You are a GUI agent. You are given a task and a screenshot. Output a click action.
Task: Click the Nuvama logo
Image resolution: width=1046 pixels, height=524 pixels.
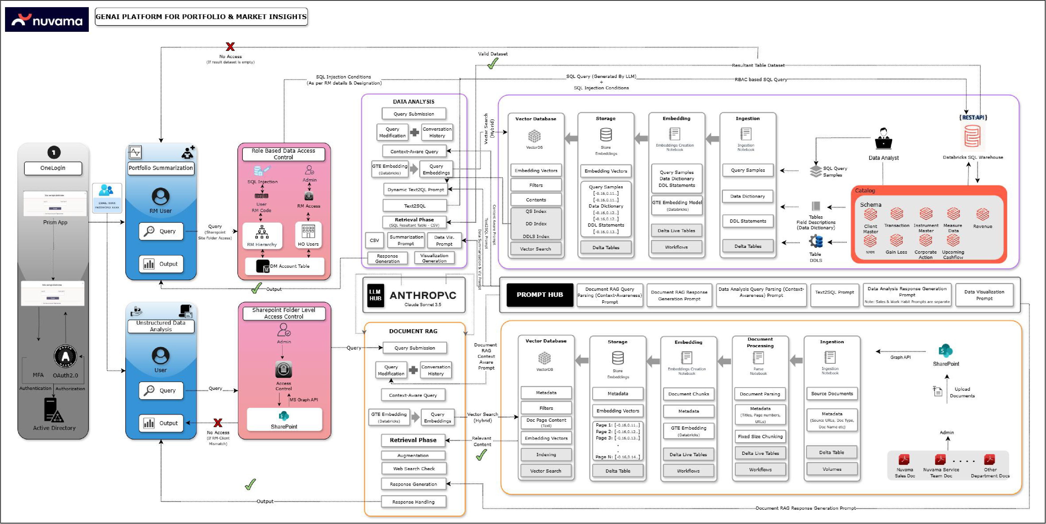click(x=46, y=20)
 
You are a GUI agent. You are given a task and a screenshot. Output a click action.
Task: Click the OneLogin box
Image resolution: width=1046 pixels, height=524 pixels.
click(x=53, y=168)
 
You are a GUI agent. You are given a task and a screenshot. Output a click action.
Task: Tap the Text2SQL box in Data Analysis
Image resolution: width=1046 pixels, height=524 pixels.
click(x=414, y=205)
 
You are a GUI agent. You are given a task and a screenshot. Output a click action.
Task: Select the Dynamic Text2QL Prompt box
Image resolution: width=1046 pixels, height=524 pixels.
click(x=415, y=189)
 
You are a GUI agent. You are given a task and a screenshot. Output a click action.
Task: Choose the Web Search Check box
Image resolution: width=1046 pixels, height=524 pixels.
click(x=414, y=468)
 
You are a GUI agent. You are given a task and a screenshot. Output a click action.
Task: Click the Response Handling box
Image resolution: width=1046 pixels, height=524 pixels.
click(x=413, y=502)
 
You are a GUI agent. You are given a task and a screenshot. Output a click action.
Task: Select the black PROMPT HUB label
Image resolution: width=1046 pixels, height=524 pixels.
click(x=540, y=294)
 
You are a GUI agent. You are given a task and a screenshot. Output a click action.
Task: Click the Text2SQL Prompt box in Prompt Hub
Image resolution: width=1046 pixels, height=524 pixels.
click(x=835, y=292)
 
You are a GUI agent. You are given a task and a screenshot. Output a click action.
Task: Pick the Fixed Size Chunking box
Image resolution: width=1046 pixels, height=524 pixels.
click(x=760, y=436)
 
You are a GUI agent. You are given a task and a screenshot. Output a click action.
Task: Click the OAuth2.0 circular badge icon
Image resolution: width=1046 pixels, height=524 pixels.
click(x=65, y=356)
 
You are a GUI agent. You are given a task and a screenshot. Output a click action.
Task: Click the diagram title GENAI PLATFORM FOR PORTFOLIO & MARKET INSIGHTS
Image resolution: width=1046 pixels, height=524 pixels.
click(x=201, y=17)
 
